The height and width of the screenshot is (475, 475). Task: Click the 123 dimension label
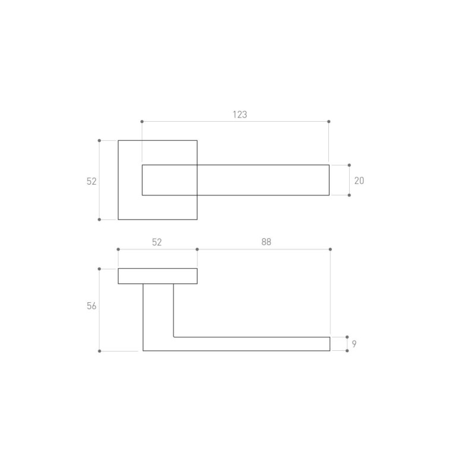240,115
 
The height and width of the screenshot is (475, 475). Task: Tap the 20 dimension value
359,180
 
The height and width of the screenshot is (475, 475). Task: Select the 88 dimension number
266,242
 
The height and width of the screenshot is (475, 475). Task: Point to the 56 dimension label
91,306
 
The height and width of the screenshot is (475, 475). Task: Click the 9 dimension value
354,344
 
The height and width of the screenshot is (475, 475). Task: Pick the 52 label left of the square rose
91,181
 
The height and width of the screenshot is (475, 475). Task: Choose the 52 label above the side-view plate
157,242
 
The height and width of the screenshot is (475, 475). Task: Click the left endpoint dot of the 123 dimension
142,122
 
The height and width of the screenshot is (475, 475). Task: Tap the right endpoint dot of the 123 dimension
329,122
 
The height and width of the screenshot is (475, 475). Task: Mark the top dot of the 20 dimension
349,165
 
